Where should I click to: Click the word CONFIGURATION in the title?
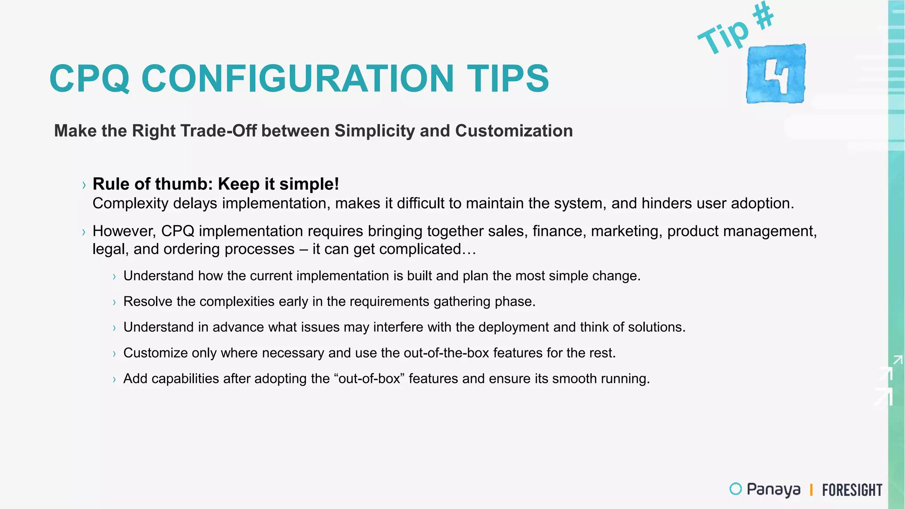coord(297,79)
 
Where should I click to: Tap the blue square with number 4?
coord(776,74)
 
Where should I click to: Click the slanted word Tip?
coord(723,37)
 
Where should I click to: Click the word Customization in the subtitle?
coord(513,131)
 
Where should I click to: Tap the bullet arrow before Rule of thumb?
coord(84,185)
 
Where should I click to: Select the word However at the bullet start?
coord(124,231)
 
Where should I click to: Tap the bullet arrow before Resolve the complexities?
coord(114,303)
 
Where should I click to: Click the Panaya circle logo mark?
coord(735,489)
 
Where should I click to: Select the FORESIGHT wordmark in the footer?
coord(852,490)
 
